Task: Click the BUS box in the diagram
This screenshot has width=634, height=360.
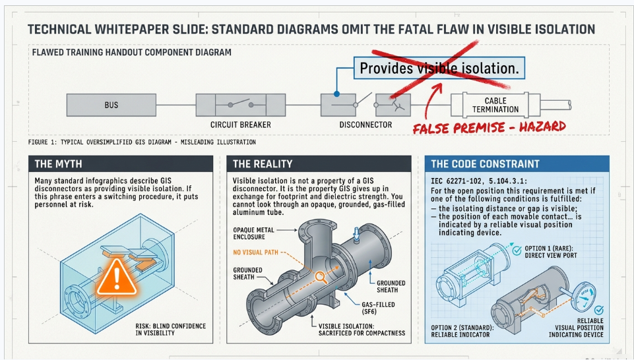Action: click(x=111, y=105)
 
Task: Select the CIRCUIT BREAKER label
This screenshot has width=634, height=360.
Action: click(x=241, y=125)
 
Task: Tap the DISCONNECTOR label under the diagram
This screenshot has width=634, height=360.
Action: click(x=365, y=125)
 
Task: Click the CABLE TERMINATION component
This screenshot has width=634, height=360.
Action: click(x=495, y=105)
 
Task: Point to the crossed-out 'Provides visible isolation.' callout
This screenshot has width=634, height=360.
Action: click(x=439, y=68)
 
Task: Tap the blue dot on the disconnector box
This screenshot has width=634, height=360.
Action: click(x=336, y=94)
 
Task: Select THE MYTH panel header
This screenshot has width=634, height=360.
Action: click(x=121, y=164)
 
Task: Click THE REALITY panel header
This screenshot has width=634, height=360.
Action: click(x=319, y=164)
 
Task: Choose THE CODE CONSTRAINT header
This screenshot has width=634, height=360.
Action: click(x=517, y=164)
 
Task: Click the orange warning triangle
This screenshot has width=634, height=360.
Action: click(x=117, y=277)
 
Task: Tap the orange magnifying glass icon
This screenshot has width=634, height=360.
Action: click(x=321, y=277)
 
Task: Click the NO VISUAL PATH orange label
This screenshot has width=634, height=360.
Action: click(x=255, y=252)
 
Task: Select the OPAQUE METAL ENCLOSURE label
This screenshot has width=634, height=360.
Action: click(x=253, y=233)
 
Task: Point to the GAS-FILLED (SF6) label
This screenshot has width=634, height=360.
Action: click(x=378, y=309)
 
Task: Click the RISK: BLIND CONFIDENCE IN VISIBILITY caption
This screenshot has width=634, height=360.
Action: click(x=171, y=329)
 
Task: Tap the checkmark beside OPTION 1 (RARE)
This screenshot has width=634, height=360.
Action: click(x=517, y=251)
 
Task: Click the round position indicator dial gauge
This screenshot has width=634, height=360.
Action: click(x=585, y=297)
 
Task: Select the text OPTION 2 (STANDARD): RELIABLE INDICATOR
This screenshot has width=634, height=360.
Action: click(x=462, y=331)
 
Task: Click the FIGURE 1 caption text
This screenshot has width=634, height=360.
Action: click(x=142, y=142)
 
